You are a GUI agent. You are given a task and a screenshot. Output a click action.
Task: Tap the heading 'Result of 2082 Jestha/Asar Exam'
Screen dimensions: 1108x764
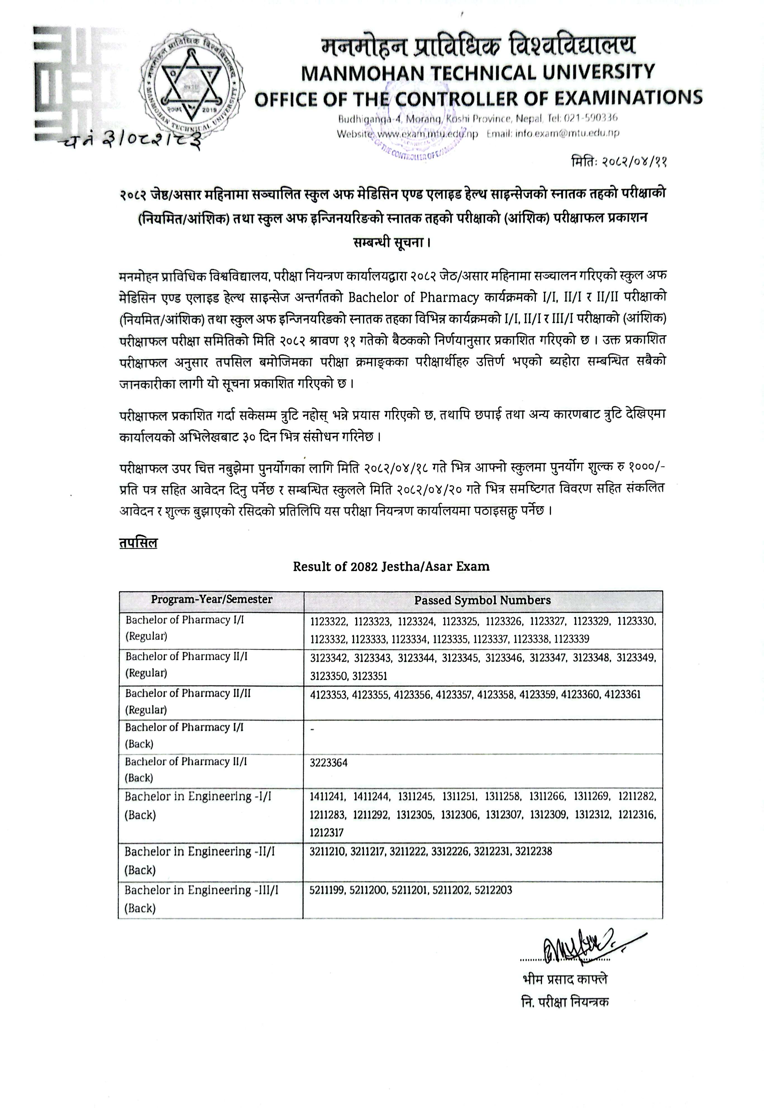391,567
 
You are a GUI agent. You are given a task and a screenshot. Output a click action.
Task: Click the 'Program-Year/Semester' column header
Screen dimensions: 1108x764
212,600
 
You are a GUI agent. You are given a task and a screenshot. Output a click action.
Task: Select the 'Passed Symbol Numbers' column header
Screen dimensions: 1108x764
483,600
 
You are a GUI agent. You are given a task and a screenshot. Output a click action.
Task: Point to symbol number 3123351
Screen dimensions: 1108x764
369,676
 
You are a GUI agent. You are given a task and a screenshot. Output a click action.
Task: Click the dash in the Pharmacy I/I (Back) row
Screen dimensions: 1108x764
312,729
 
